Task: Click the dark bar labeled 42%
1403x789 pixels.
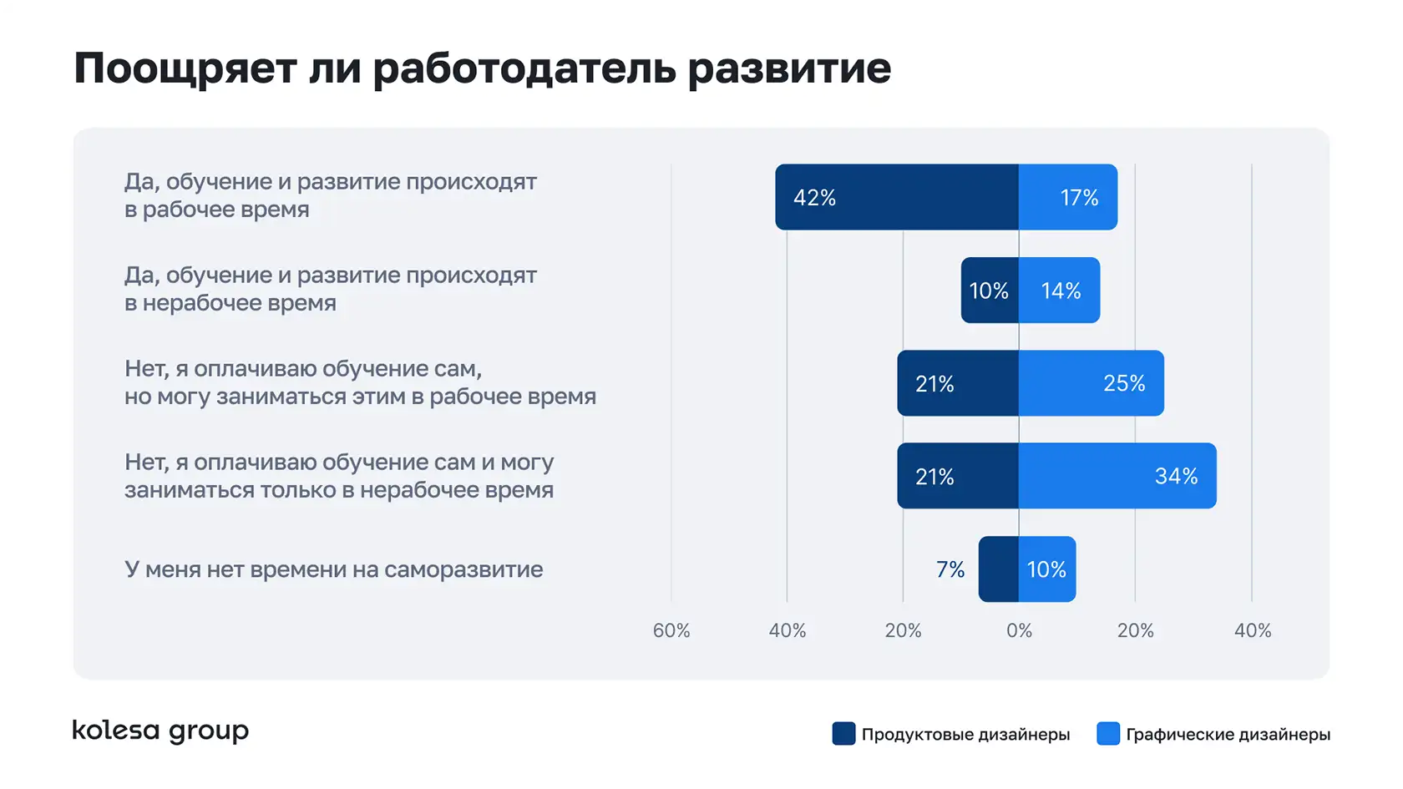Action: (x=896, y=197)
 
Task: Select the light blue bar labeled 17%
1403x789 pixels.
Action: (x=1067, y=197)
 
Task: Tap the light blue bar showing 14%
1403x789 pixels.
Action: (x=1059, y=291)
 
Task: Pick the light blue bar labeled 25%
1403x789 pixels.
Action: (x=1091, y=383)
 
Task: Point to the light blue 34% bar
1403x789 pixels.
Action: (x=1117, y=476)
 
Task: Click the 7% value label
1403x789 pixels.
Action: (x=950, y=569)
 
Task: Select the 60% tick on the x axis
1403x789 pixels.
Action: (x=671, y=630)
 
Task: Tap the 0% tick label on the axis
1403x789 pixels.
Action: (x=1019, y=630)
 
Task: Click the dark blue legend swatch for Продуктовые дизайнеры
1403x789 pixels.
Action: (x=843, y=734)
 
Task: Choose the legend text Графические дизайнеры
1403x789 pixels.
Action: (x=1228, y=735)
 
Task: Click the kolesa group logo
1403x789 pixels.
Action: (x=160, y=731)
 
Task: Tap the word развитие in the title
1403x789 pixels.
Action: (x=789, y=68)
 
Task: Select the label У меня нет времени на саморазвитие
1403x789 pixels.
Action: (x=333, y=569)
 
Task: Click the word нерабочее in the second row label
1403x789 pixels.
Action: (x=197, y=303)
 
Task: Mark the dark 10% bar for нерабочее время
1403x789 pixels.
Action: (x=990, y=291)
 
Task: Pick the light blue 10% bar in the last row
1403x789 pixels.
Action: (x=1047, y=569)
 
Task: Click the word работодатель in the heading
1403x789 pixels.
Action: (x=524, y=68)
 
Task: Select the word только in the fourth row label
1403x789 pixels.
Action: (x=296, y=490)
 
